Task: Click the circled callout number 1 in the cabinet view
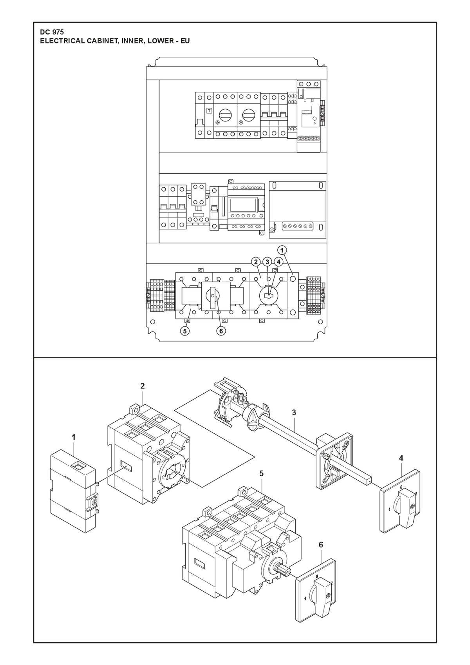point(282,250)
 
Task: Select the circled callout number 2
point(256,262)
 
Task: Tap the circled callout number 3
point(267,262)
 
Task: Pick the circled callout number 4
point(278,262)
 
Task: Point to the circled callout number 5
point(184,331)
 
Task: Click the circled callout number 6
point(221,331)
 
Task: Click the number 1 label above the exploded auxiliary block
point(74,437)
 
